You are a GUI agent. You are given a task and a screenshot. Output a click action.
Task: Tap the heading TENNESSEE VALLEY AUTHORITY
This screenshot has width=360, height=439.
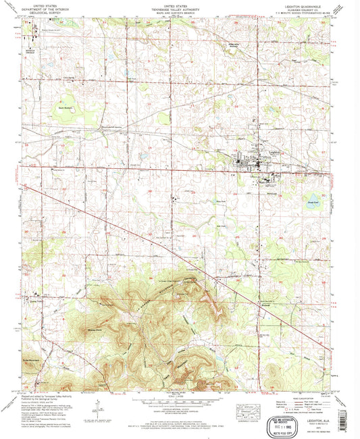pos(179,8)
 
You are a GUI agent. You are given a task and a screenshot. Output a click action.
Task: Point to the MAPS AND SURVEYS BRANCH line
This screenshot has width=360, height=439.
pos(179,11)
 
